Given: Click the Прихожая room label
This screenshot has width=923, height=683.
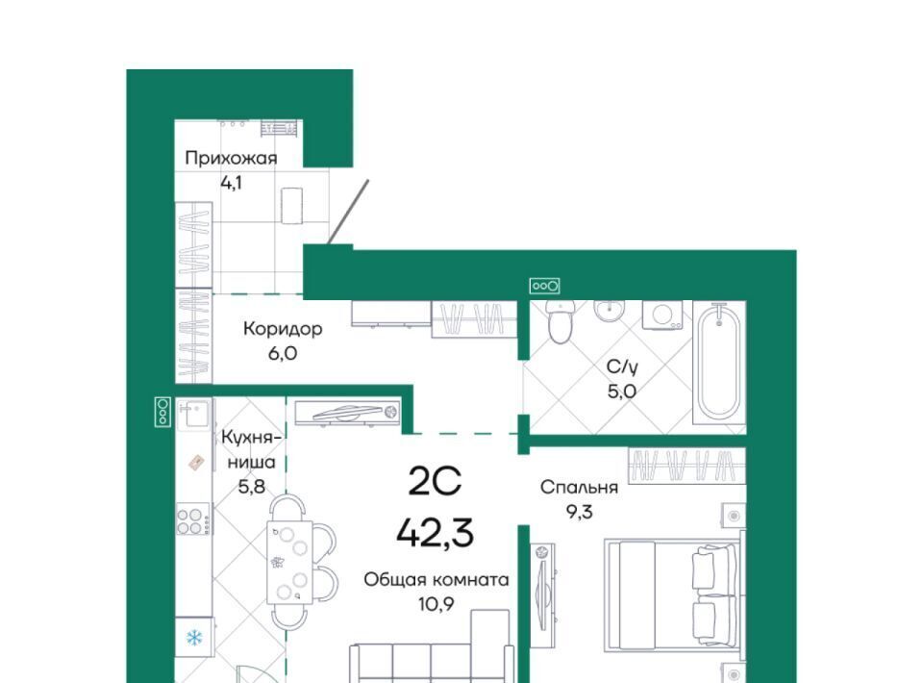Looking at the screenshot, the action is click(x=231, y=159).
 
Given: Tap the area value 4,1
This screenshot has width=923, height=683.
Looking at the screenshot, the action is click(x=231, y=183).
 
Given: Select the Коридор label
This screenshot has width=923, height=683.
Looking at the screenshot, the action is click(x=283, y=329).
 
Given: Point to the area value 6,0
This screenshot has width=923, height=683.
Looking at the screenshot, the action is click(x=283, y=353).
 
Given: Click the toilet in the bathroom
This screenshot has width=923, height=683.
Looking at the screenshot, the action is click(x=561, y=322).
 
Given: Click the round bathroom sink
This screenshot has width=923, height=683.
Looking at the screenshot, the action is click(x=609, y=310).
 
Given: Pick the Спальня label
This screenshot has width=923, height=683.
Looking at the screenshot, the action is click(x=579, y=488).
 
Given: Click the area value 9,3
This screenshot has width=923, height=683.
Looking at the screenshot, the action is click(x=579, y=512).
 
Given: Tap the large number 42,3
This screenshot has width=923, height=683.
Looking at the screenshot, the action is click(x=435, y=534).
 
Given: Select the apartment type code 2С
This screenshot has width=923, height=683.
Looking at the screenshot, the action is click(x=435, y=484).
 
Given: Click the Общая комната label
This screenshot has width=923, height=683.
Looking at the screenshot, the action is click(x=437, y=580).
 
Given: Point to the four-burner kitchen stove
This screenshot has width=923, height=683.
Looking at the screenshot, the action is click(x=192, y=519).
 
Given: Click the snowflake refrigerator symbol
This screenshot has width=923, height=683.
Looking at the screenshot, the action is click(x=194, y=637).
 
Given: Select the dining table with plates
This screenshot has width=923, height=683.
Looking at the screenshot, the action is click(x=288, y=563).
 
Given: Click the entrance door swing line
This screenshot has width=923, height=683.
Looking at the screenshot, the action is click(x=348, y=212).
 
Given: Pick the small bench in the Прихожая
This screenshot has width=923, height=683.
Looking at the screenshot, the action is click(x=291, y=206).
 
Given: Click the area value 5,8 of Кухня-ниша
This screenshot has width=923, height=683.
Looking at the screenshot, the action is click(x=251, y=487).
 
